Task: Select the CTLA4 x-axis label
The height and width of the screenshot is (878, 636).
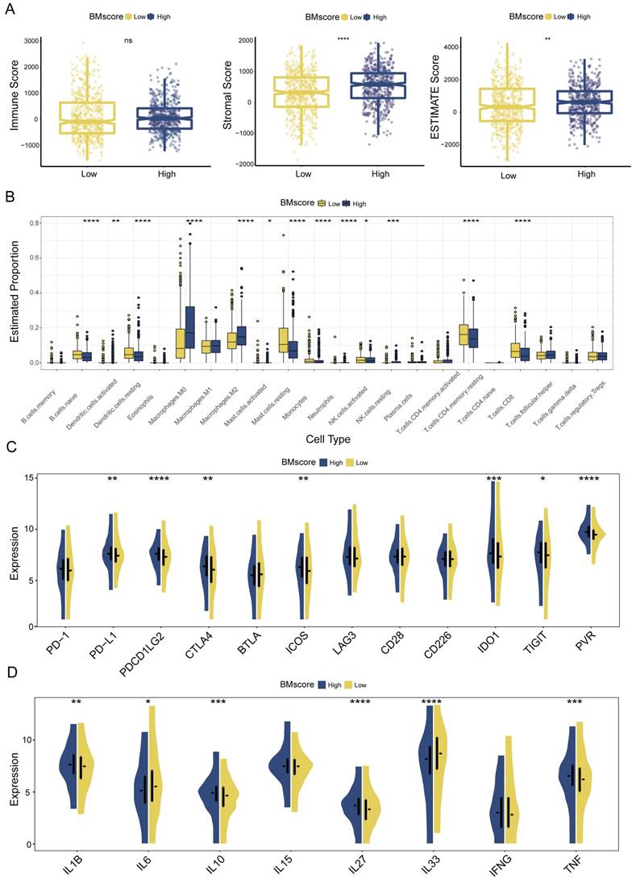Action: pyautogui.click(x=206, y=648)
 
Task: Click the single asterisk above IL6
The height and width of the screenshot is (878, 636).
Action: pyautogui.click(x=148, y=701)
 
